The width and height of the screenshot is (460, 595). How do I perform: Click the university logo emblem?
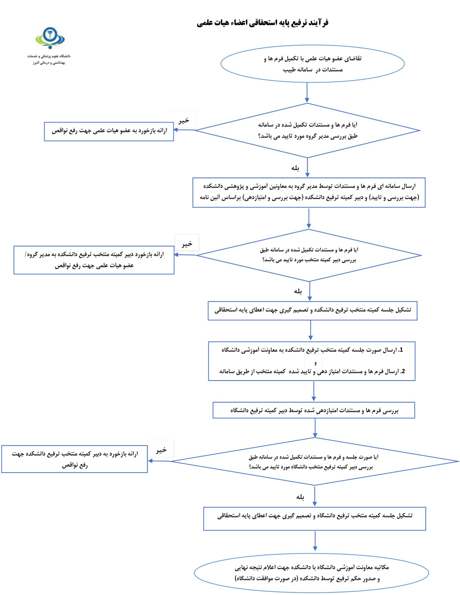50,38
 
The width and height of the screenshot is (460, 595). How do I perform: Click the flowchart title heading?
263,23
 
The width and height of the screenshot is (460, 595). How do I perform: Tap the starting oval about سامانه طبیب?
312,64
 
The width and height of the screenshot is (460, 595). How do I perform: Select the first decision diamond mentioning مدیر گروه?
308,131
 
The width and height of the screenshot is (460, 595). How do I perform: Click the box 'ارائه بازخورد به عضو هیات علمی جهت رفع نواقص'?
109,131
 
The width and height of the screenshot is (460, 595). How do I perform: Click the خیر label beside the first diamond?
184,120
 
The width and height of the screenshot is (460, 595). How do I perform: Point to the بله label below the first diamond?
295,168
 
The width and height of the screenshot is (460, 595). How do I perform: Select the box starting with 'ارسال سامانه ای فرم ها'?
309,193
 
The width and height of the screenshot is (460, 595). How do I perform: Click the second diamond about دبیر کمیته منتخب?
309,255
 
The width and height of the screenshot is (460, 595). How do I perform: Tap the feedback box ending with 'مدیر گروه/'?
94,260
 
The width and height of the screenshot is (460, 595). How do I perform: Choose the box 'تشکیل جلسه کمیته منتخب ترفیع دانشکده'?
313,310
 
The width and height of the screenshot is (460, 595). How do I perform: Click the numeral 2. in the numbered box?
403,371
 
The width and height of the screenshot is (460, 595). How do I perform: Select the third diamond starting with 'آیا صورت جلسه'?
315,461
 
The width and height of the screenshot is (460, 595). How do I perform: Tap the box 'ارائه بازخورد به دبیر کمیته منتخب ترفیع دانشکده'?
74,459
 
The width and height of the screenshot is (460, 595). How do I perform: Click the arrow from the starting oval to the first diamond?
307,92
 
